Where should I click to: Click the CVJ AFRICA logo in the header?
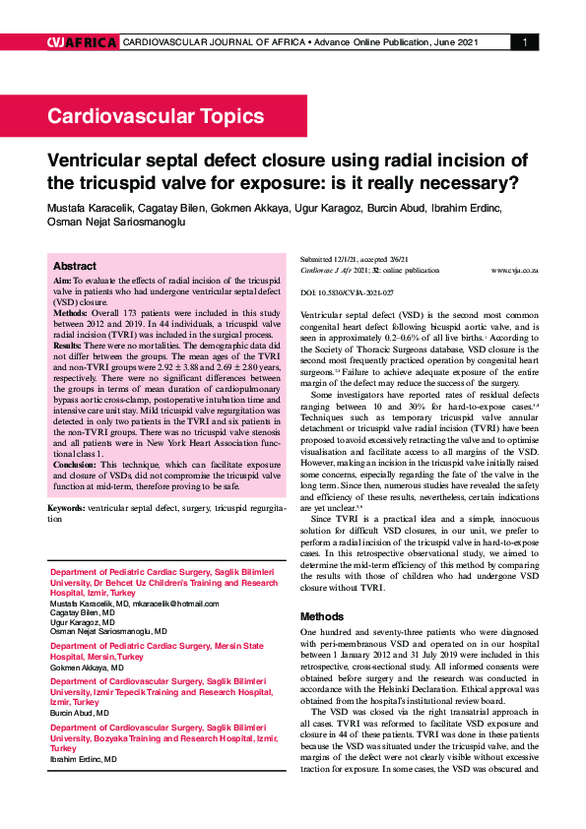[x=82, y=42]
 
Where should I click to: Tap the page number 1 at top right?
[x=525, y=42]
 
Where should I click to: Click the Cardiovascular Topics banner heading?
[x=155, y=116]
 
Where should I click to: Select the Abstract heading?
[x=74, y=267]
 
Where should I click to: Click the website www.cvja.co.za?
[x=514, y=269]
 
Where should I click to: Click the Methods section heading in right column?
[x=324, y=616]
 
